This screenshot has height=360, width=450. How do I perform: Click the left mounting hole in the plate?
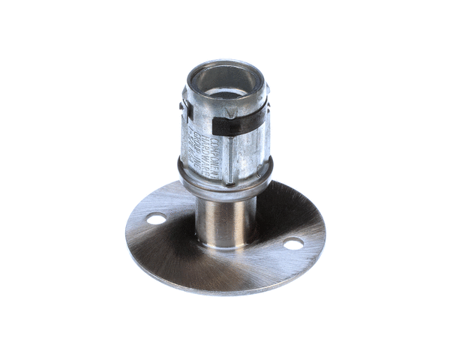pos(156,219)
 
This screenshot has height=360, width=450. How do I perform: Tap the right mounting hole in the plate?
pos(293,244)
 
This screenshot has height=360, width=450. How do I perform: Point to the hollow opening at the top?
pos(224,82)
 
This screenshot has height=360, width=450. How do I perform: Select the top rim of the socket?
pos(224,66)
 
